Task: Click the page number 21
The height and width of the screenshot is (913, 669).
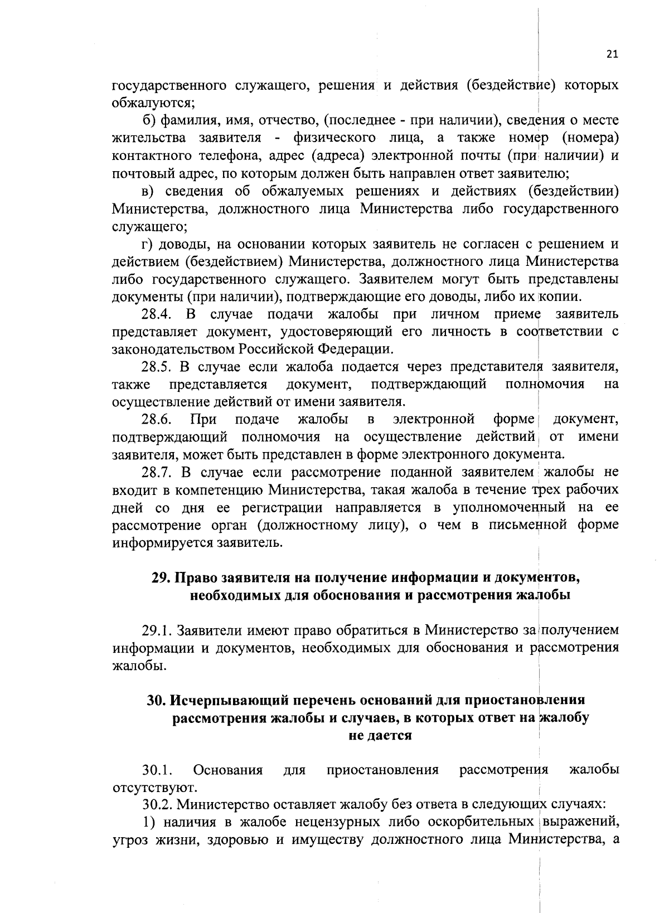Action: tap(612, 54)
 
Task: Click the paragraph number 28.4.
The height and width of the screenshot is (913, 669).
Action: tap(156, 314)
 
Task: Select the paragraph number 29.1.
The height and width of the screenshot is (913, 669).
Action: tap(157, 630)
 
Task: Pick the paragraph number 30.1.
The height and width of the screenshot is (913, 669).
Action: tap(156, 770)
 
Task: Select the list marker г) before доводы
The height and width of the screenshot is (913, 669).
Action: tap(147, 244)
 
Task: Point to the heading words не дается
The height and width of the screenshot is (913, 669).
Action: tap(380, 735)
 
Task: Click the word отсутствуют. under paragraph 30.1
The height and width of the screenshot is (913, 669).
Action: tap(154, 788)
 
